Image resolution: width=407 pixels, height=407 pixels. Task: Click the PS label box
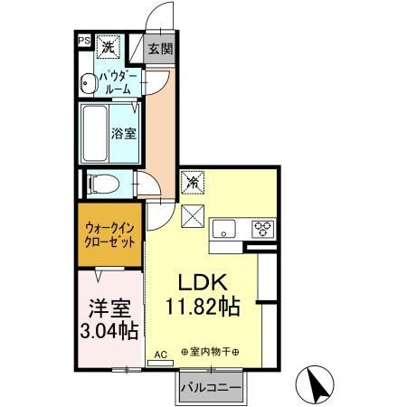pos(83,41)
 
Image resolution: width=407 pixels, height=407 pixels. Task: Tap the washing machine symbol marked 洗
pos(108,46)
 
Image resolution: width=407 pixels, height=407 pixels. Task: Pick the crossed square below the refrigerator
pos(193,217)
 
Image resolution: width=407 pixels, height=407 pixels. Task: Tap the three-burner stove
pos(262,228)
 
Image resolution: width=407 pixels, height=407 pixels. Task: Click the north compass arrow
pos(318,387)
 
